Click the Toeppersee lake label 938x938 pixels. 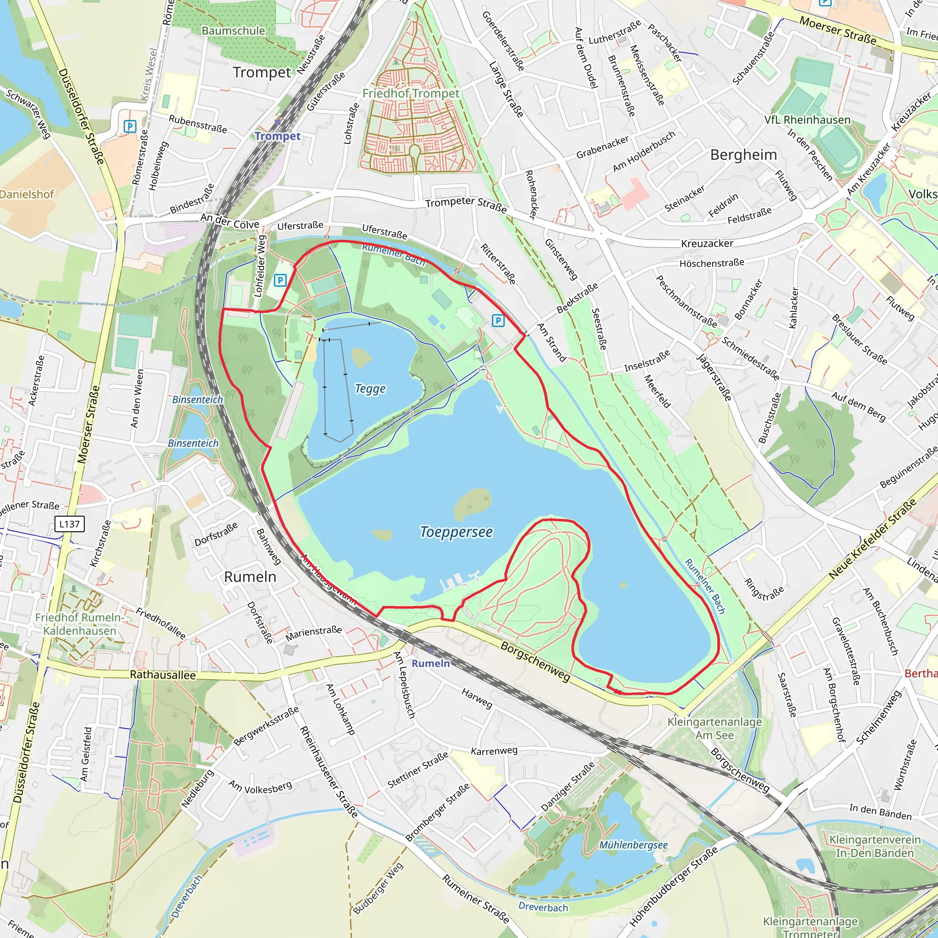pos(456,532)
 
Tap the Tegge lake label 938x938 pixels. pos(370,389)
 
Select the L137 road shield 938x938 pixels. pos(70,524)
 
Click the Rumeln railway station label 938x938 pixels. pos(431,663)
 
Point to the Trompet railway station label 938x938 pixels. pos(277,136)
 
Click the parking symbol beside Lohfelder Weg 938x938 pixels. pos(280,280)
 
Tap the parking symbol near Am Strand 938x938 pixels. pos(498,320)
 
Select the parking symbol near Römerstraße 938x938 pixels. pos(130,127)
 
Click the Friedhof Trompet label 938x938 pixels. pos(411,93)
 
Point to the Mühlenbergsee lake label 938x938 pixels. pos(633,845)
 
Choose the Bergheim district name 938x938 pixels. pos(743,155)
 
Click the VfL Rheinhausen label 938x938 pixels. pos(807,120)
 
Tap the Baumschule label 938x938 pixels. pos(233,31)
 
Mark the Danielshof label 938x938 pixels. pos(27,194)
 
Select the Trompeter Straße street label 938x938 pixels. pos(466,205)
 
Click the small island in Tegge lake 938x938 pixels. pos(361,357)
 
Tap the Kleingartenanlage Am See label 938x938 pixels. pos(714,728)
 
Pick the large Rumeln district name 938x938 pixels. pos(250,577)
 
